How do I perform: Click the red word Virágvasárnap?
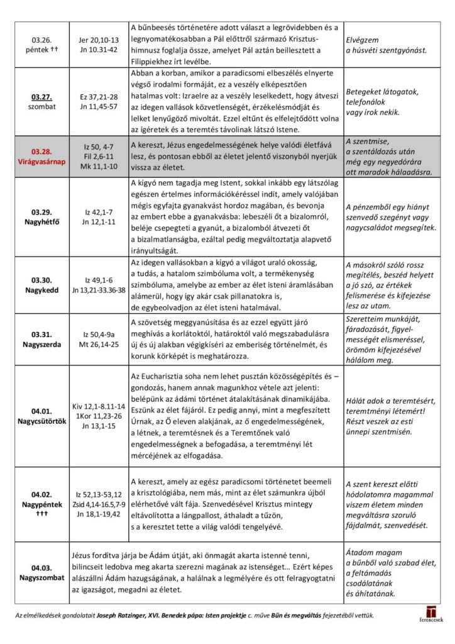click(x=41, y=162)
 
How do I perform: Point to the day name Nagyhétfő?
click(x=41, y=221)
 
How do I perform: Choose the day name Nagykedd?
click(x=41, y=290)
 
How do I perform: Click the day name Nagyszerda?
click(x=41, y=346)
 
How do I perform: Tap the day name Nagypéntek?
click(x=41, y=504)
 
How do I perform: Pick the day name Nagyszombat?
click(x=41, y=576)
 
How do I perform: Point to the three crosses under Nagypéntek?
click(x=41, y=513)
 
